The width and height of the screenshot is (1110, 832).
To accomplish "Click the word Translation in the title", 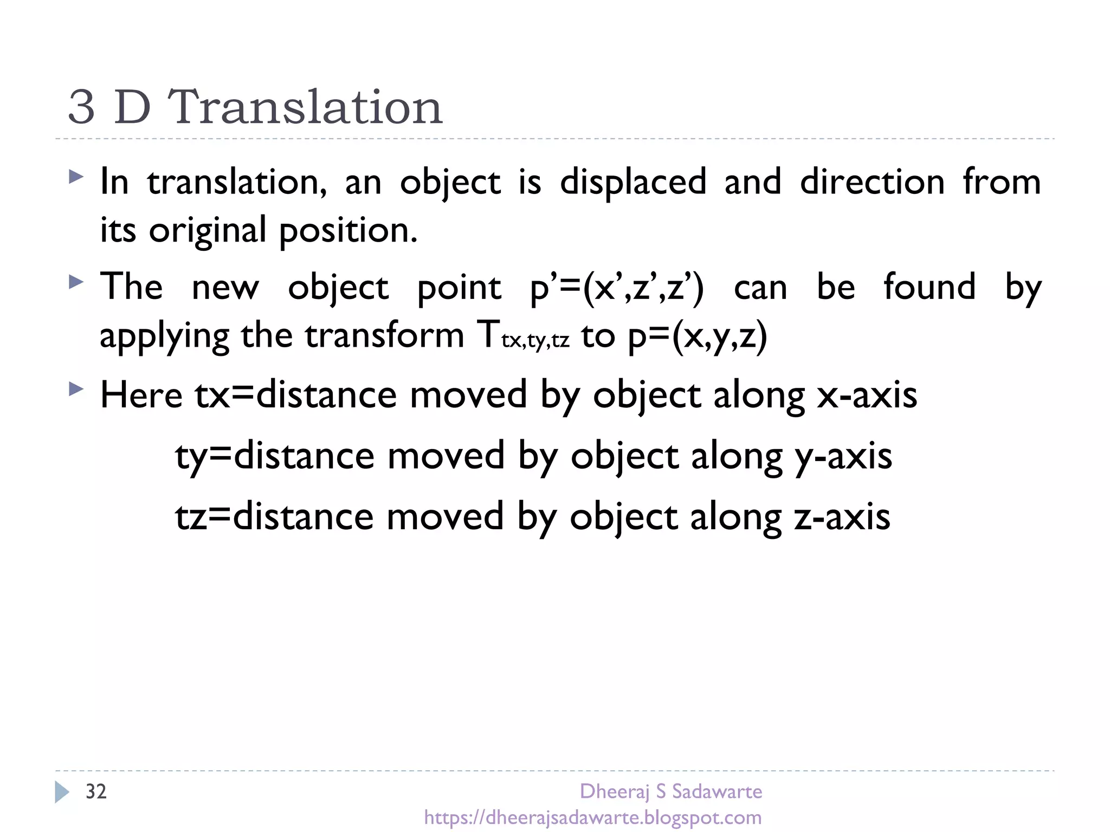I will pos(305,107).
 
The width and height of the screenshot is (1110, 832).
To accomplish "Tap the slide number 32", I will pos(96,792).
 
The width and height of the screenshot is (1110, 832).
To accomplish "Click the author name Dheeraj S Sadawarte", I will pos(670,791).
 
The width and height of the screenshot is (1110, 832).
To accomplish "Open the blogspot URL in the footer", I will pos(593,817).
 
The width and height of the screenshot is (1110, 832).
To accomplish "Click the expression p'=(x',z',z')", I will pos(617,287).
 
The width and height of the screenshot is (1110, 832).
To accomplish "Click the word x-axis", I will pos(867,395).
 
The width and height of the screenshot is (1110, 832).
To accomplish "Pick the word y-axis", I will pos(843,456).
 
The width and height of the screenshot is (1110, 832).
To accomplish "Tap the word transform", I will pos(385,335).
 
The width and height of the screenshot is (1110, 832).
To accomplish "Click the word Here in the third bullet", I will pos(141,395).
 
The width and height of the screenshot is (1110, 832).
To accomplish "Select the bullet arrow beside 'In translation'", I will pos(76,177).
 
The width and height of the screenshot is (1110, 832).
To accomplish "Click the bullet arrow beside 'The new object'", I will pos(76,282).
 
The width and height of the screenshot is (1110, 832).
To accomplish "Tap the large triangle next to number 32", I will pos(62,792).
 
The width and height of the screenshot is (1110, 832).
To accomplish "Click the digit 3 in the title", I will pos(82,107).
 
